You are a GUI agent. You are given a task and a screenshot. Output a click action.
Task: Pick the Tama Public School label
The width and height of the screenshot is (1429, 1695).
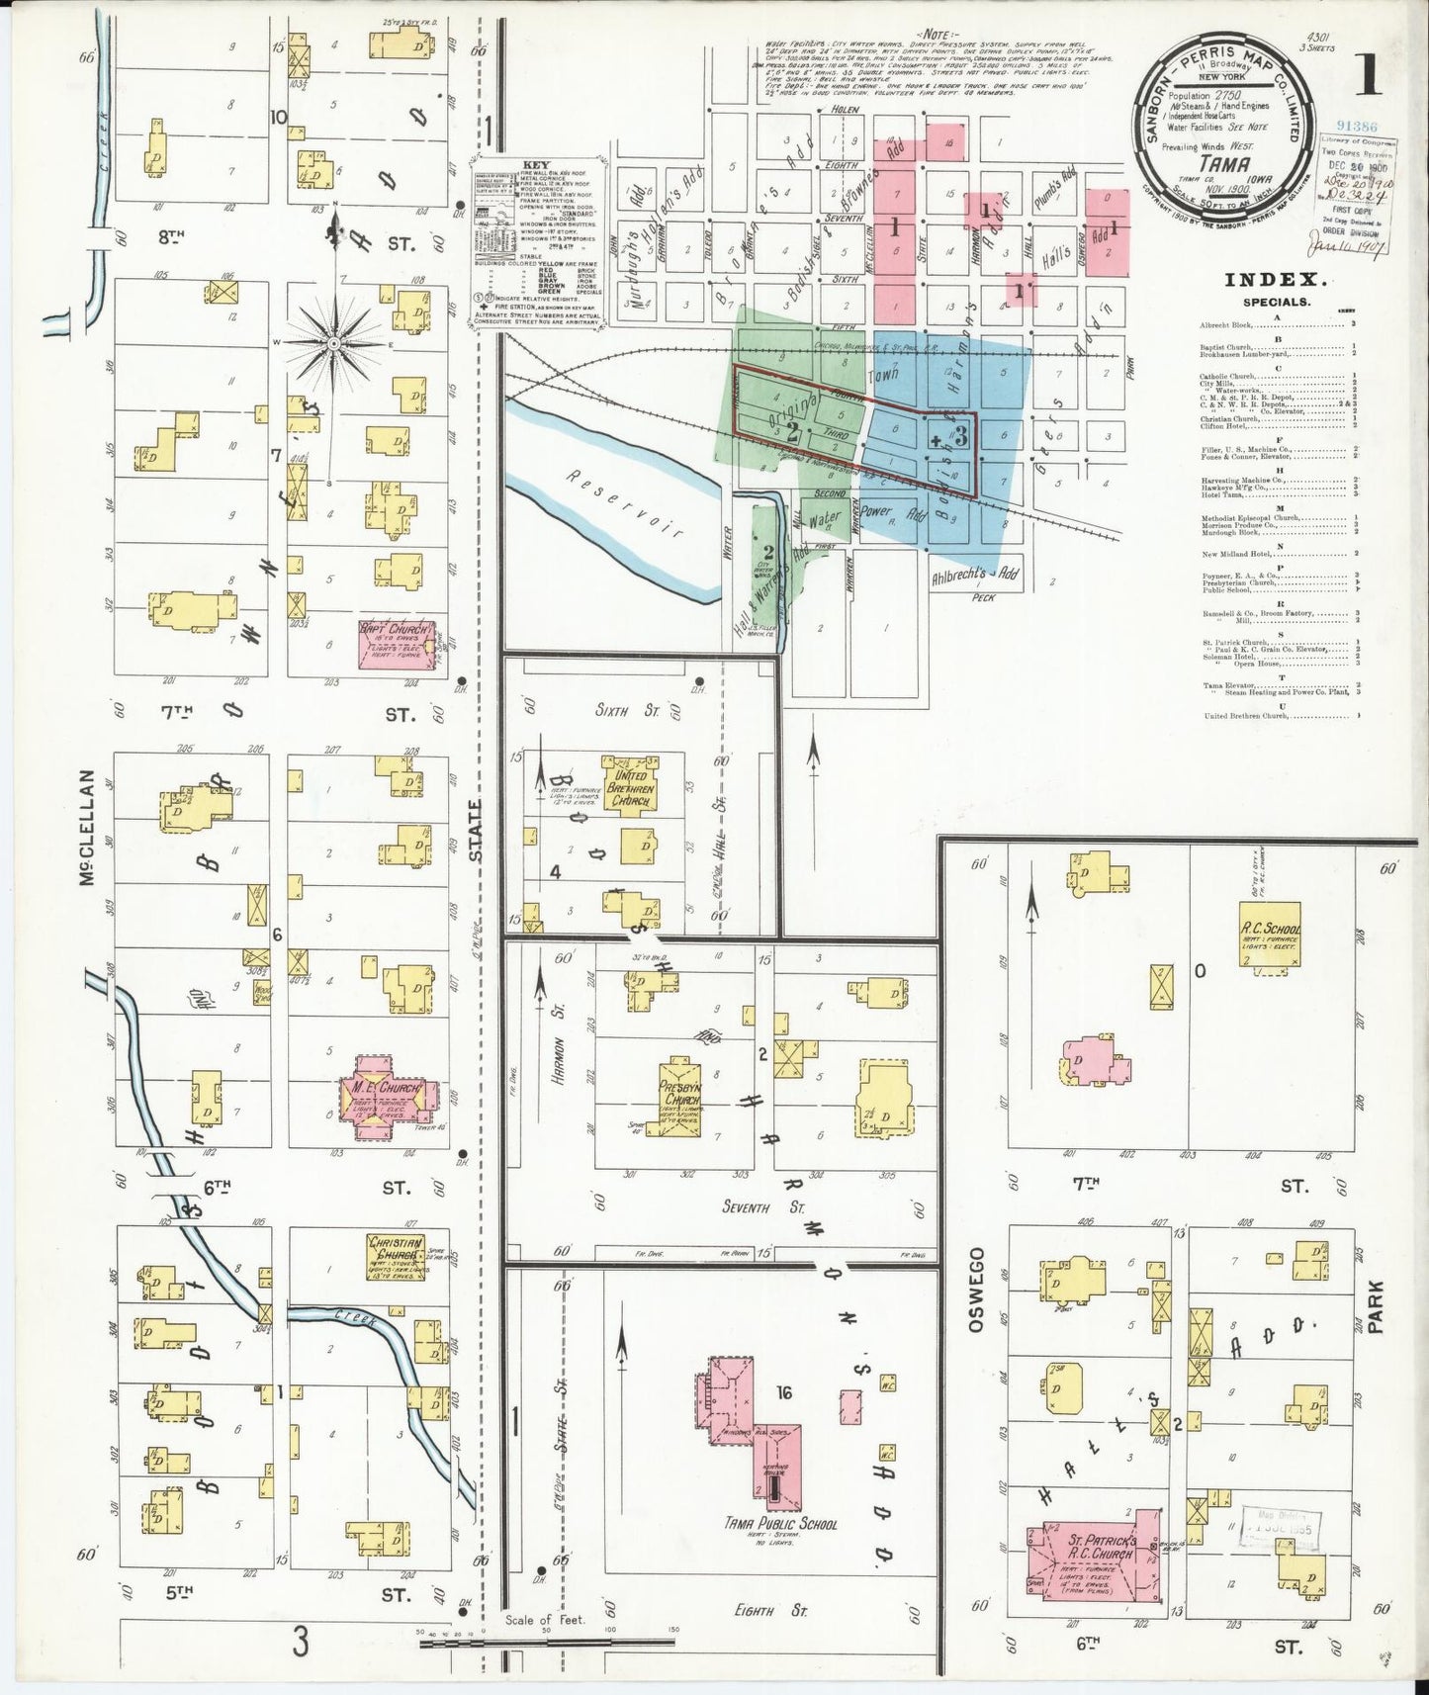click(x=779, y=1552)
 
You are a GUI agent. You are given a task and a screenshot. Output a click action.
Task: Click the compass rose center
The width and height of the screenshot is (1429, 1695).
click(x=333, y=342)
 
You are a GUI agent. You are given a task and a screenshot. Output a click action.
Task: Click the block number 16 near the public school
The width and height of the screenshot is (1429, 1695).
click(x=784, y=1394)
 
